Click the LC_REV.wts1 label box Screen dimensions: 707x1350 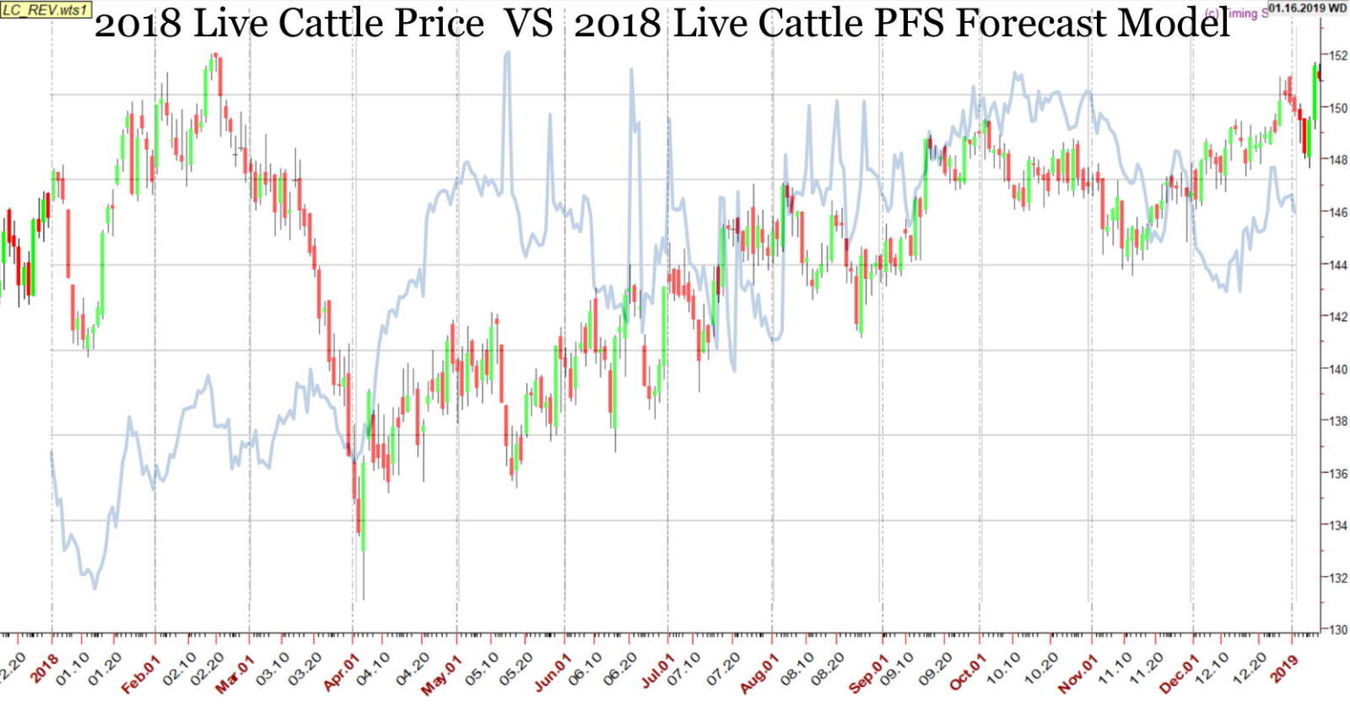pyautogui.click(x=45, y=9)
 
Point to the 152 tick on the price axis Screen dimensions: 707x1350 pyautogui.click(x=1338, y=55)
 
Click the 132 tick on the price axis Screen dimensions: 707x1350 pyautogui.click(x=1338, y=578)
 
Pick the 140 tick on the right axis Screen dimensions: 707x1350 pyautogui.click(x=1338, y=369)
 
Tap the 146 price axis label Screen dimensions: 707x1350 pyautogui.click(x=1338, y=212)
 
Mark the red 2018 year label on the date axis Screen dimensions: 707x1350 pyautogui.click(x=44, y=666)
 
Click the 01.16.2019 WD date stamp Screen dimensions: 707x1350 pyautogui.click(x=1307, y=8)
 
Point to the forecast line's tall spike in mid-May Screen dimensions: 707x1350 pyautogui.click(x=507, y=55)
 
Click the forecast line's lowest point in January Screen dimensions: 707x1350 pyautogui.click(x=95, y=587)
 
